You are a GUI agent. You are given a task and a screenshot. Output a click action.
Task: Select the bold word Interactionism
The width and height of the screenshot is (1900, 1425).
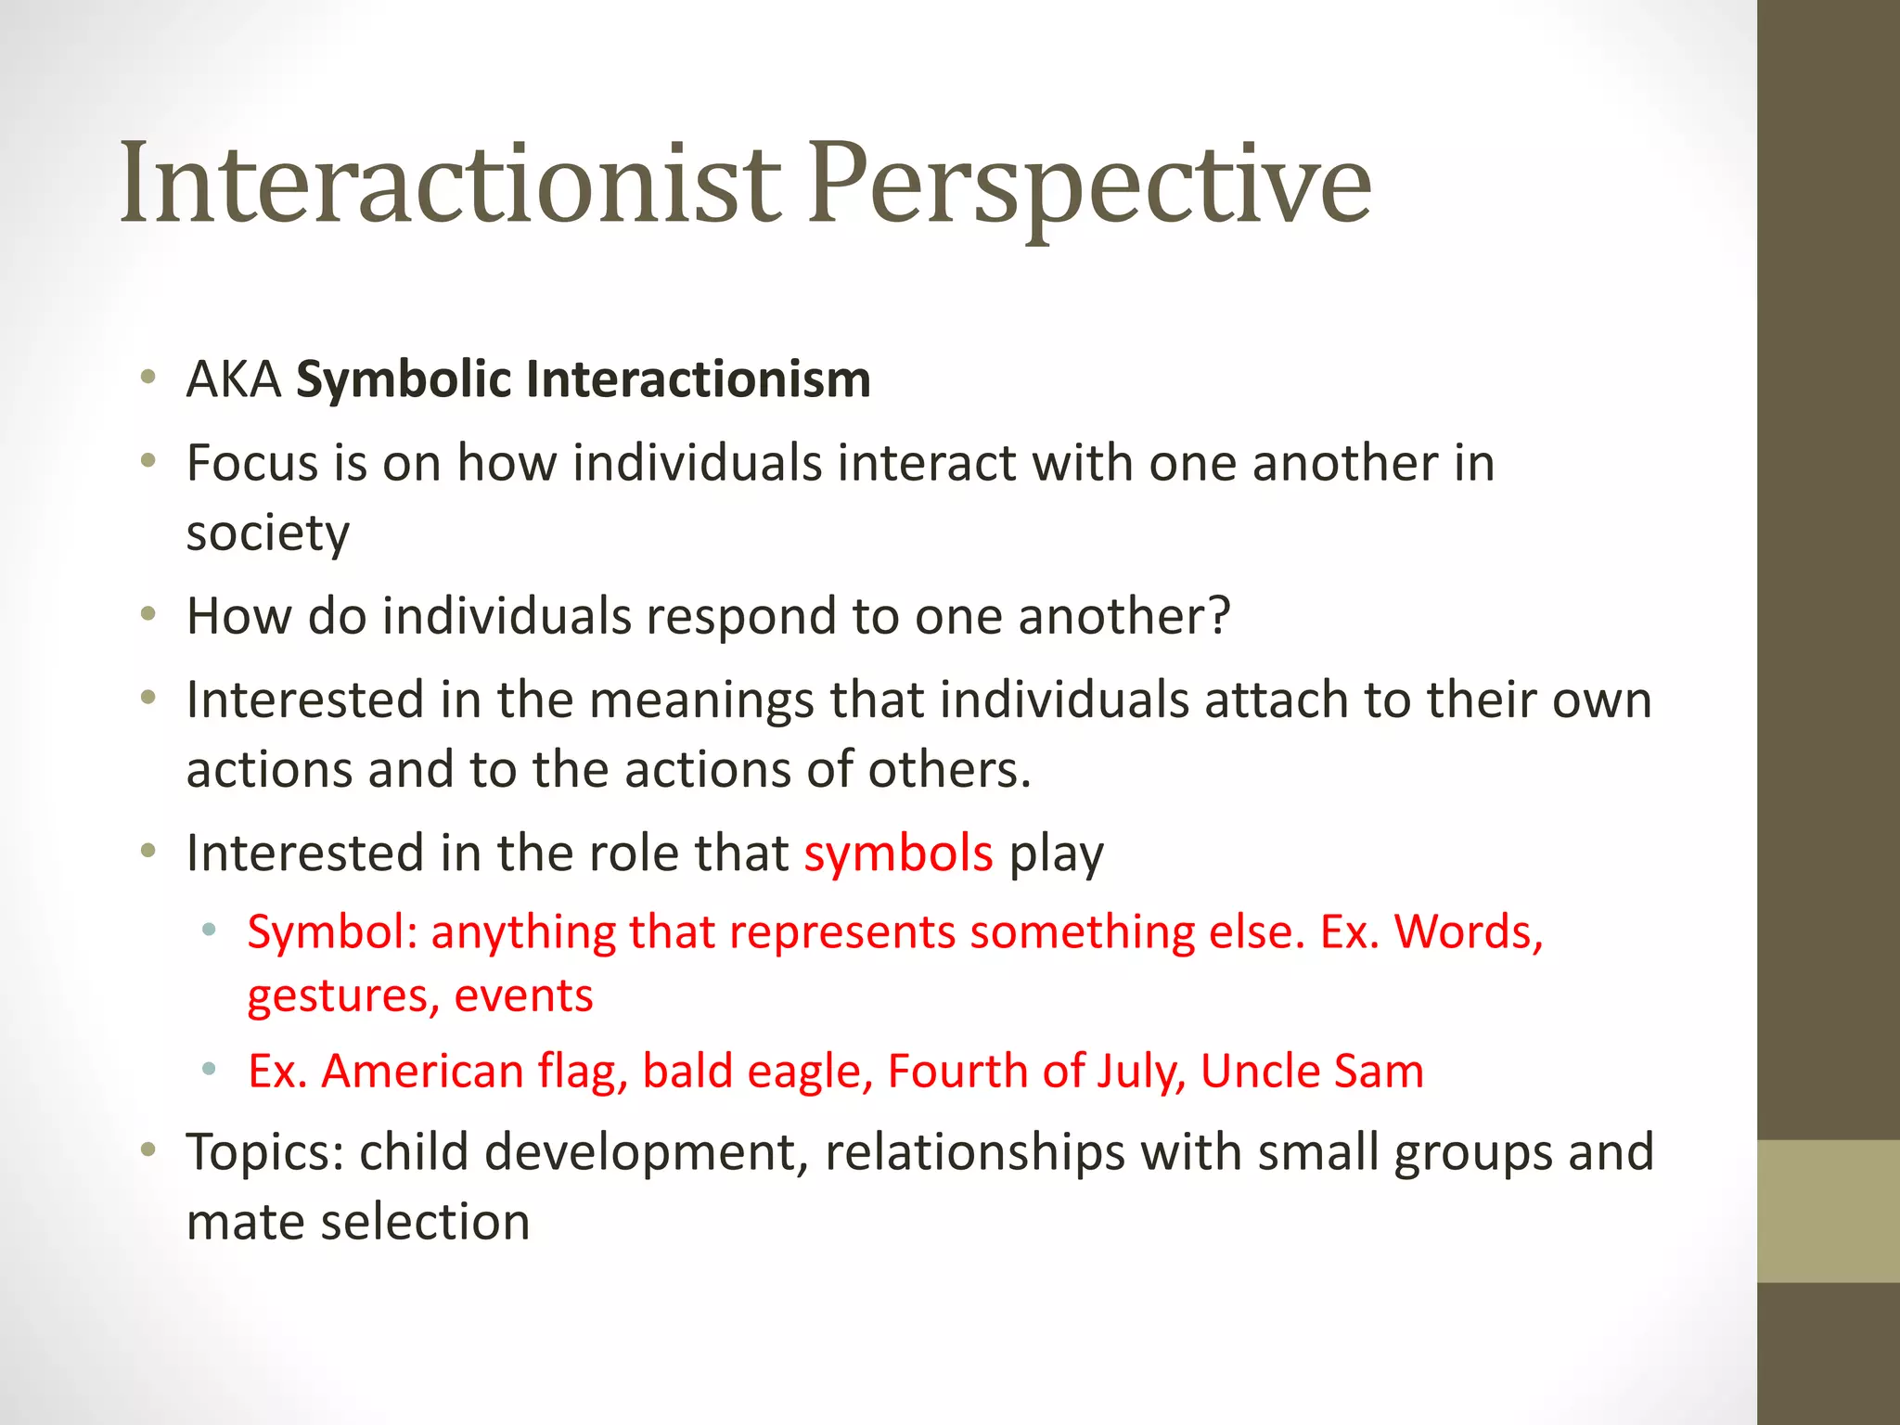click(x=699, y=380)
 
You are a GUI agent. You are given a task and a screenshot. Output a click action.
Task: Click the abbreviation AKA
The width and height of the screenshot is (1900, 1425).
click(x=234, y=380)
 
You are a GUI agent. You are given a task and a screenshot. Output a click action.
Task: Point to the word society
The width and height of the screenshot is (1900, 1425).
click(x=268, y=533)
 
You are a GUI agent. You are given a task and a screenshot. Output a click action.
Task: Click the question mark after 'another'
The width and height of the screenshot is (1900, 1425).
click(x=1218, y=616)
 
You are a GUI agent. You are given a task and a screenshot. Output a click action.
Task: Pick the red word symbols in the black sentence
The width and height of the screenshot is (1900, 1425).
click(x=898, y=854)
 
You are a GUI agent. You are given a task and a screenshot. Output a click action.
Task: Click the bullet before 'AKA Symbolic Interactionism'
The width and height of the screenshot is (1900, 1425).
click(x=148, y=378)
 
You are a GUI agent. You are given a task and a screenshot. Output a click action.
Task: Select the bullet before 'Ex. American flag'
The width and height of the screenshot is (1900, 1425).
click(x=210, y=1070)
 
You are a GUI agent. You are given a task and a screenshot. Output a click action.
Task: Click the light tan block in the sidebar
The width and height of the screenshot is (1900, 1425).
click(x=1828, y=1211)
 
